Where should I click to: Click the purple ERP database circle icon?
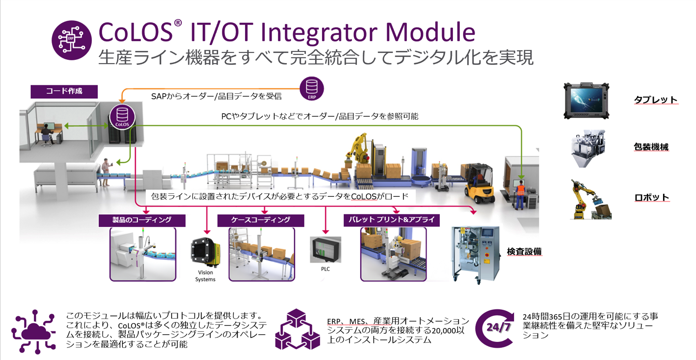pos(312,89)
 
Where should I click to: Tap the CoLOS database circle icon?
pos(122,117)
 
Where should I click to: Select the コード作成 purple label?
pos(64,91)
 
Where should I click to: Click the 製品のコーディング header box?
pos(142,220)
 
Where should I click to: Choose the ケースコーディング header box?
pos(261,220)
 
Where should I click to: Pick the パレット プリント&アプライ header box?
pos(392,220)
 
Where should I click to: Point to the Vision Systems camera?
pos(206,251)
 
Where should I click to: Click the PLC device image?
pos(326,250)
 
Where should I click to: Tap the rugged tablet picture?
pos(586,101)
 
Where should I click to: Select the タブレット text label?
pos(656,100)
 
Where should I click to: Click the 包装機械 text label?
pos(651,147)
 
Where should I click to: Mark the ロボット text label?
pos(651,198)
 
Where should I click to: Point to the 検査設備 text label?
pos(524,251)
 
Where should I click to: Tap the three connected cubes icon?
pos(297,329)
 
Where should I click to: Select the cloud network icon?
pos(33,332)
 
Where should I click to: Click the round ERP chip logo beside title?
pos(72,40)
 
